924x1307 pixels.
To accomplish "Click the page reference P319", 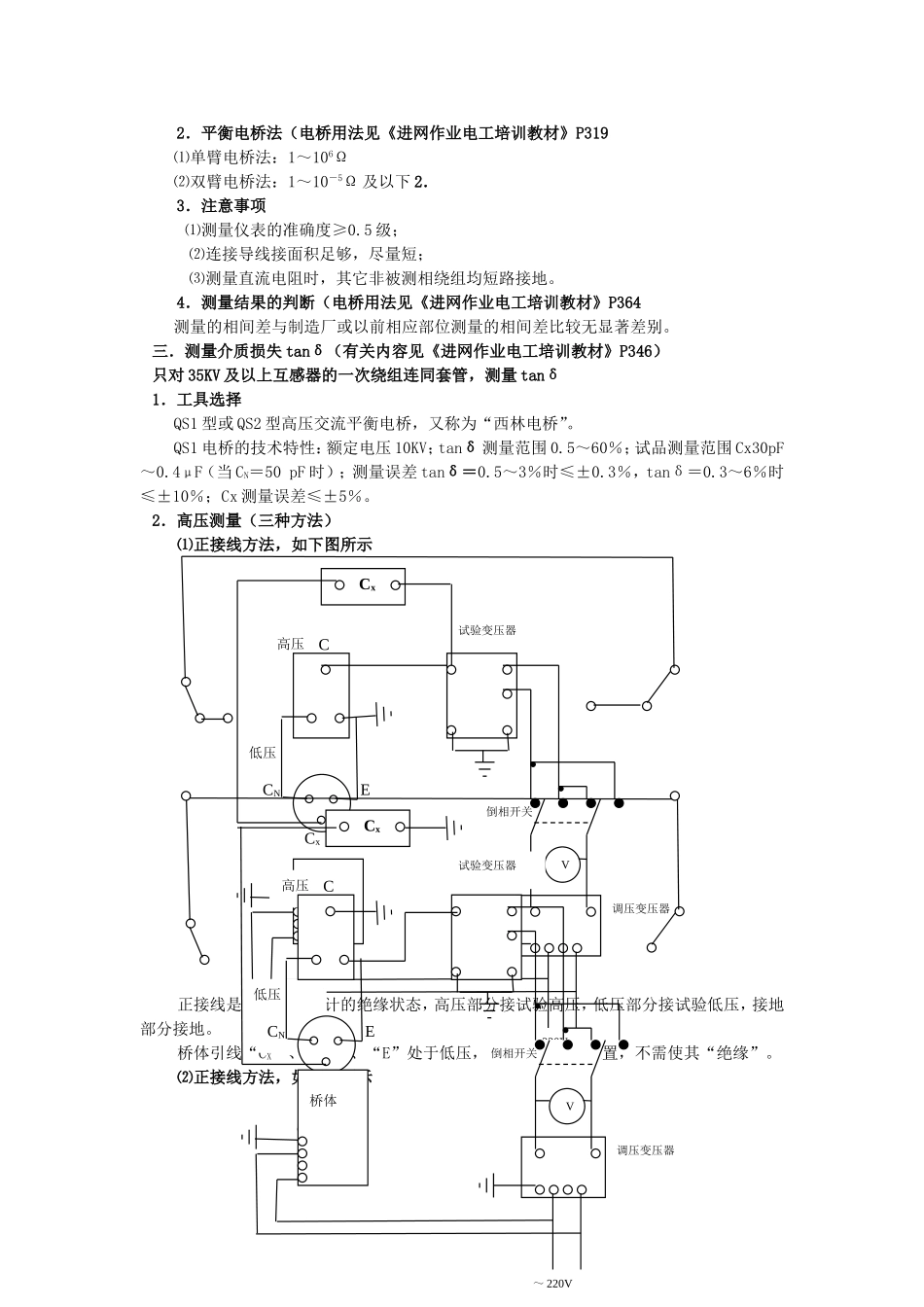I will [591, 133].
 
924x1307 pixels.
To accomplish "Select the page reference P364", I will [622, 302].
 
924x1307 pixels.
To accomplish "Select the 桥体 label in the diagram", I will [324, 1101].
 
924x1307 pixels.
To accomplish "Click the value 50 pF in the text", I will [281, 472].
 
